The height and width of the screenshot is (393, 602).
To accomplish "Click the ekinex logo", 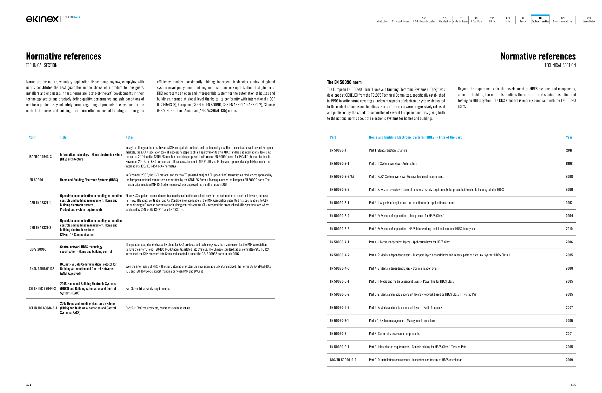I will [42, 19].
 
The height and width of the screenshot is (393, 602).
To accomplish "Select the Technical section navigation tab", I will [540, 20].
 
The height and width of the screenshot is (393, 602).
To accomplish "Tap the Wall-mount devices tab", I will [400, 20].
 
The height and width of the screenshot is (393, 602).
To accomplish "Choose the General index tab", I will [589, 20].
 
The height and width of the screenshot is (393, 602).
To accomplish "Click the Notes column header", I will [130, 137].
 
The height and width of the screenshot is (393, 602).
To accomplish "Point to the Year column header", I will [569, 137].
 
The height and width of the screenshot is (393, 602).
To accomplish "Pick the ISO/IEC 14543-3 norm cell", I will [40, 157].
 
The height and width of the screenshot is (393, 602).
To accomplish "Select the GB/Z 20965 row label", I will [38, 249].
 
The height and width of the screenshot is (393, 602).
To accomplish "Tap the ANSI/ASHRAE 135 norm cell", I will [42, 269].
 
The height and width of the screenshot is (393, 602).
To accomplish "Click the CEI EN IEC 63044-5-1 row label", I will [43, 308].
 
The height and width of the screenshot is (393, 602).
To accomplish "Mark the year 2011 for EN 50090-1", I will [569, 150].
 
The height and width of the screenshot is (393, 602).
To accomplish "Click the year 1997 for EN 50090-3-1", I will [569, 203].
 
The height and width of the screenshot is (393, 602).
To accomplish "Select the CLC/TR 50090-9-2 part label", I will [343, 360].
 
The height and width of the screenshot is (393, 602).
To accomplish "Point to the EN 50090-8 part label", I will [338, 333].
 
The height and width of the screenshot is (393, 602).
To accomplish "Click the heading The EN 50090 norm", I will [344, 82].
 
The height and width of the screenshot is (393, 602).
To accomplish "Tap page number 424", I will [29, 385].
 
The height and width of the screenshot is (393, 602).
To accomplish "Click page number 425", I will [573, 385].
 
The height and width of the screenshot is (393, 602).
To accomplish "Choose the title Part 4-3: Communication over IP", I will [404, 268].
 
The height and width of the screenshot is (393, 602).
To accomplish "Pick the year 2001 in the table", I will [569, 333].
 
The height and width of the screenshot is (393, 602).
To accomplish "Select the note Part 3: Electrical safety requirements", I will [147, 288].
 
